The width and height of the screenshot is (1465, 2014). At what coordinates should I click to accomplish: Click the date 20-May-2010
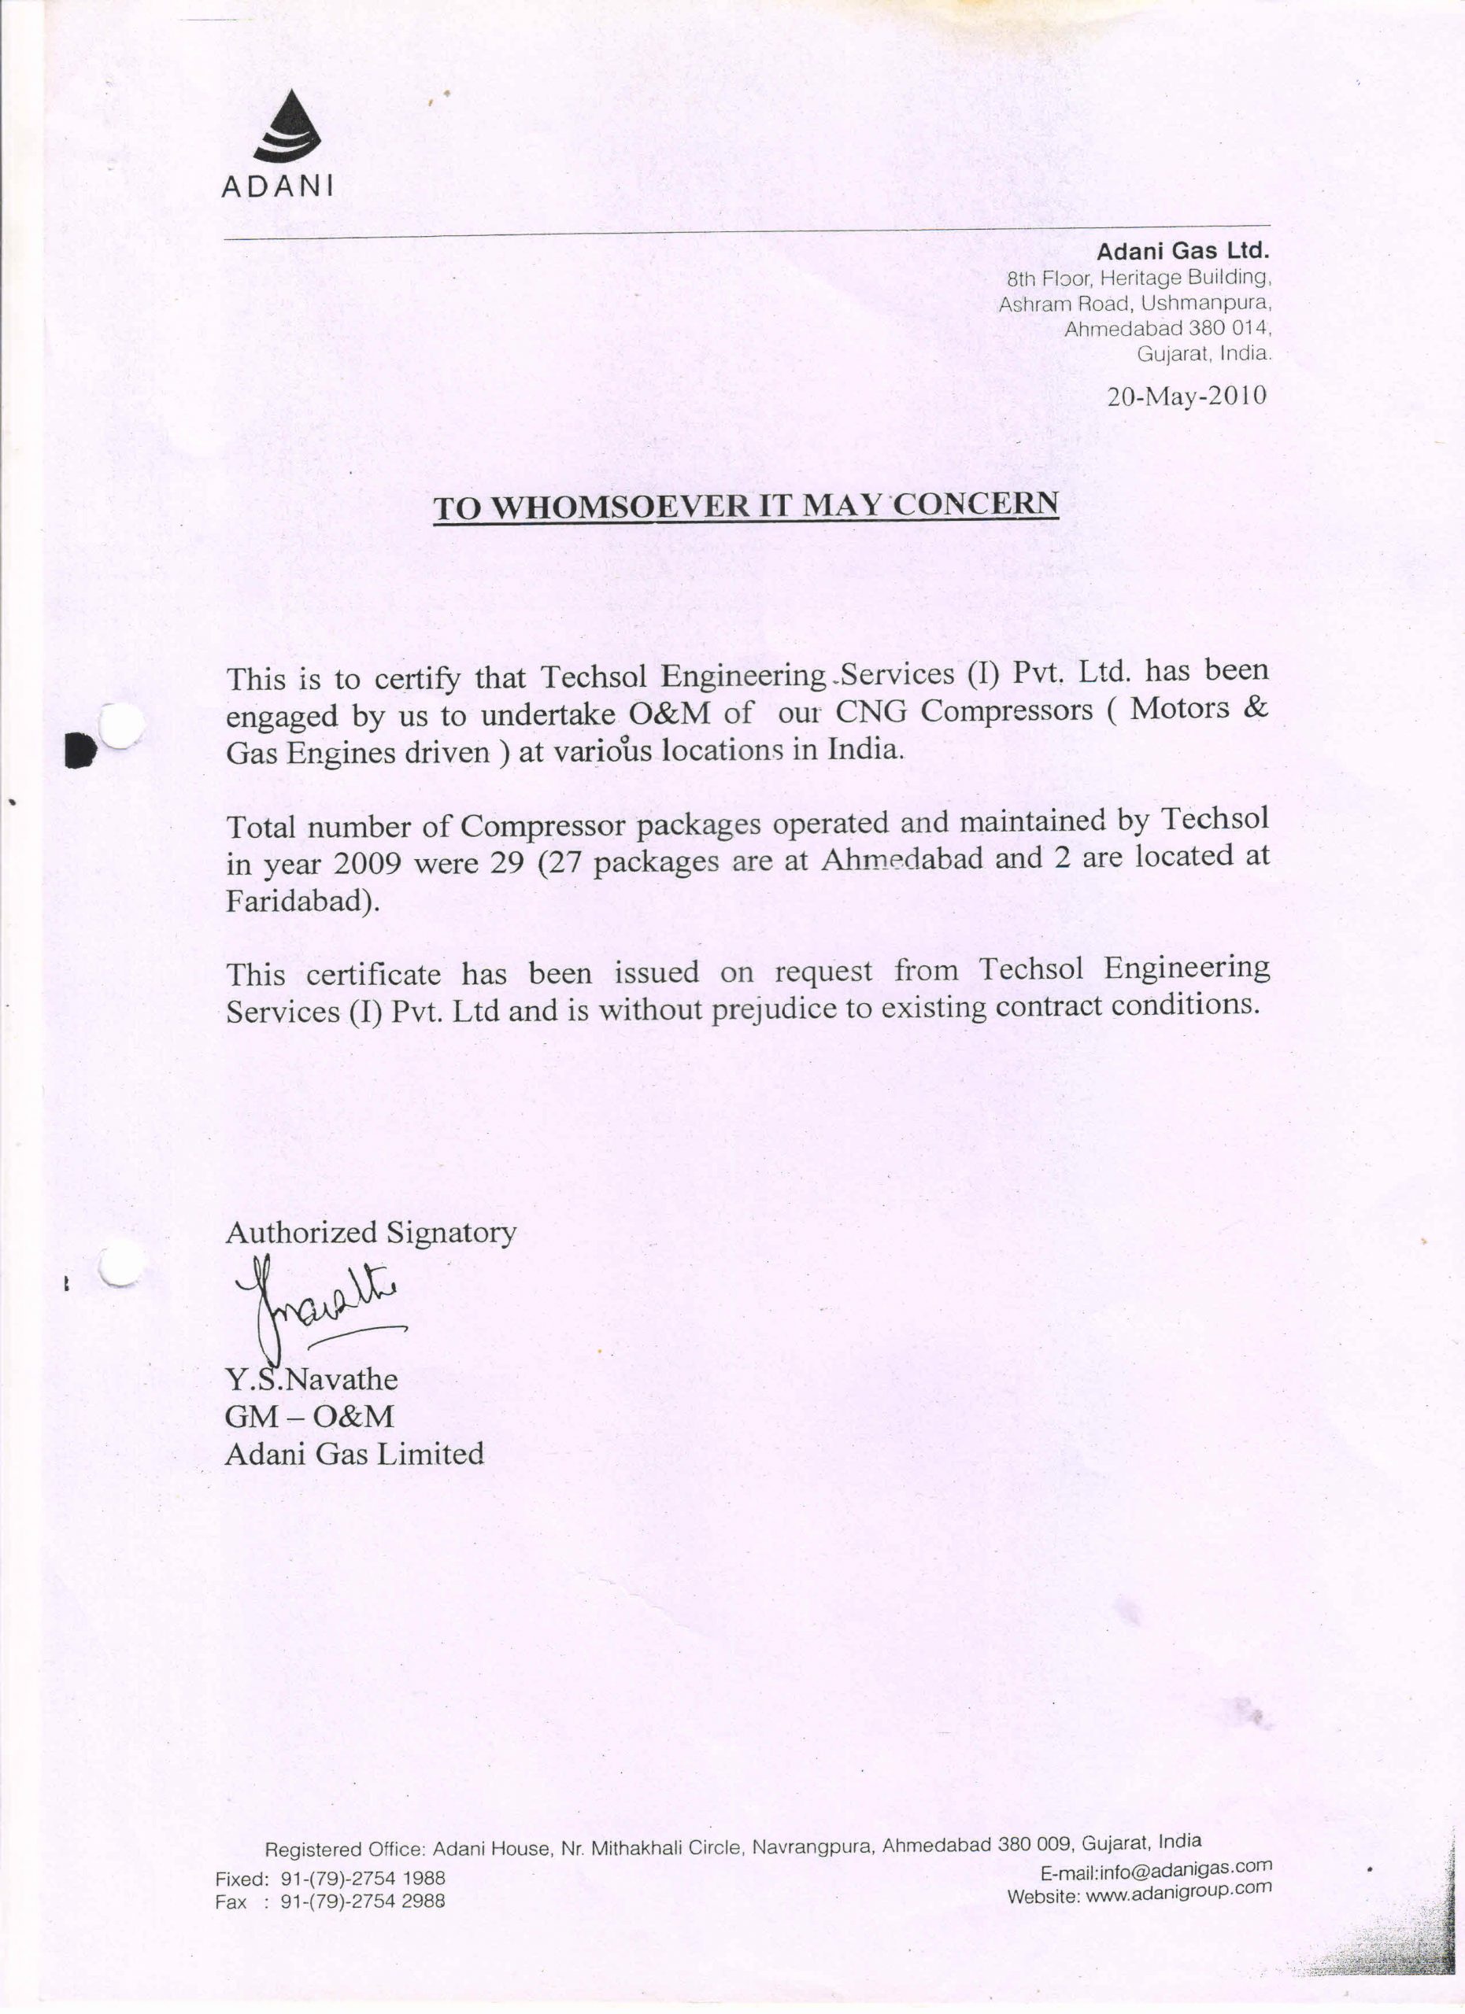click(x=1186, y=395)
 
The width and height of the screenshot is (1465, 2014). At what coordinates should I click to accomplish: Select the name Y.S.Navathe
click(x=311, y=1379)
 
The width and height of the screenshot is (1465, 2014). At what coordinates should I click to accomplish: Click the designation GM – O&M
click(x=309, y=1416)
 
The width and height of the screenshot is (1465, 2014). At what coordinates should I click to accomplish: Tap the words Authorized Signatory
click(x=371, y=1233)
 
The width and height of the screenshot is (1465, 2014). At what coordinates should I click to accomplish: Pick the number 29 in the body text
click(x=506, y=862)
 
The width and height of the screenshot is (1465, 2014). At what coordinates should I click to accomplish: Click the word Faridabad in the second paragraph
click(x=297, y=902)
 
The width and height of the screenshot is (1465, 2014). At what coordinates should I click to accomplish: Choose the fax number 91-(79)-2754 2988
click(x=362, y=1901)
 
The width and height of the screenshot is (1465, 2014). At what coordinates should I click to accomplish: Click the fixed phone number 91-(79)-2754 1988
click(x=362, y=1878)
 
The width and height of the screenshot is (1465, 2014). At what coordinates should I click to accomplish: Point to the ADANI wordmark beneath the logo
click(x=277, y=186)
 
